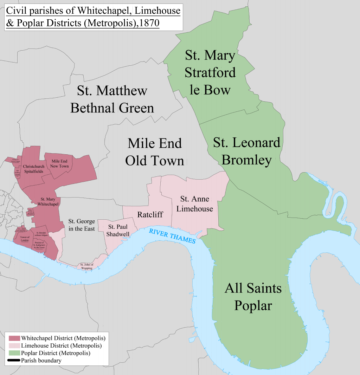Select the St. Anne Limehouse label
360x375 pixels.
pos(195,204)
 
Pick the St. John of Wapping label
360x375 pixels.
pos(86,266)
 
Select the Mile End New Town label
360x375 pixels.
pos(60,163)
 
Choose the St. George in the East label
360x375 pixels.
pos(82,225)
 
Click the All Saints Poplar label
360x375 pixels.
pos(253,297)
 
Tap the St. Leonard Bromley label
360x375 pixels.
pos(247,151)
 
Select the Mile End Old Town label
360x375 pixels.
pos(155,152)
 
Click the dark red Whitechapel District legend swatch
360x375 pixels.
pos(14,338)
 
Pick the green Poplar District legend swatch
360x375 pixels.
pos(14,353)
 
